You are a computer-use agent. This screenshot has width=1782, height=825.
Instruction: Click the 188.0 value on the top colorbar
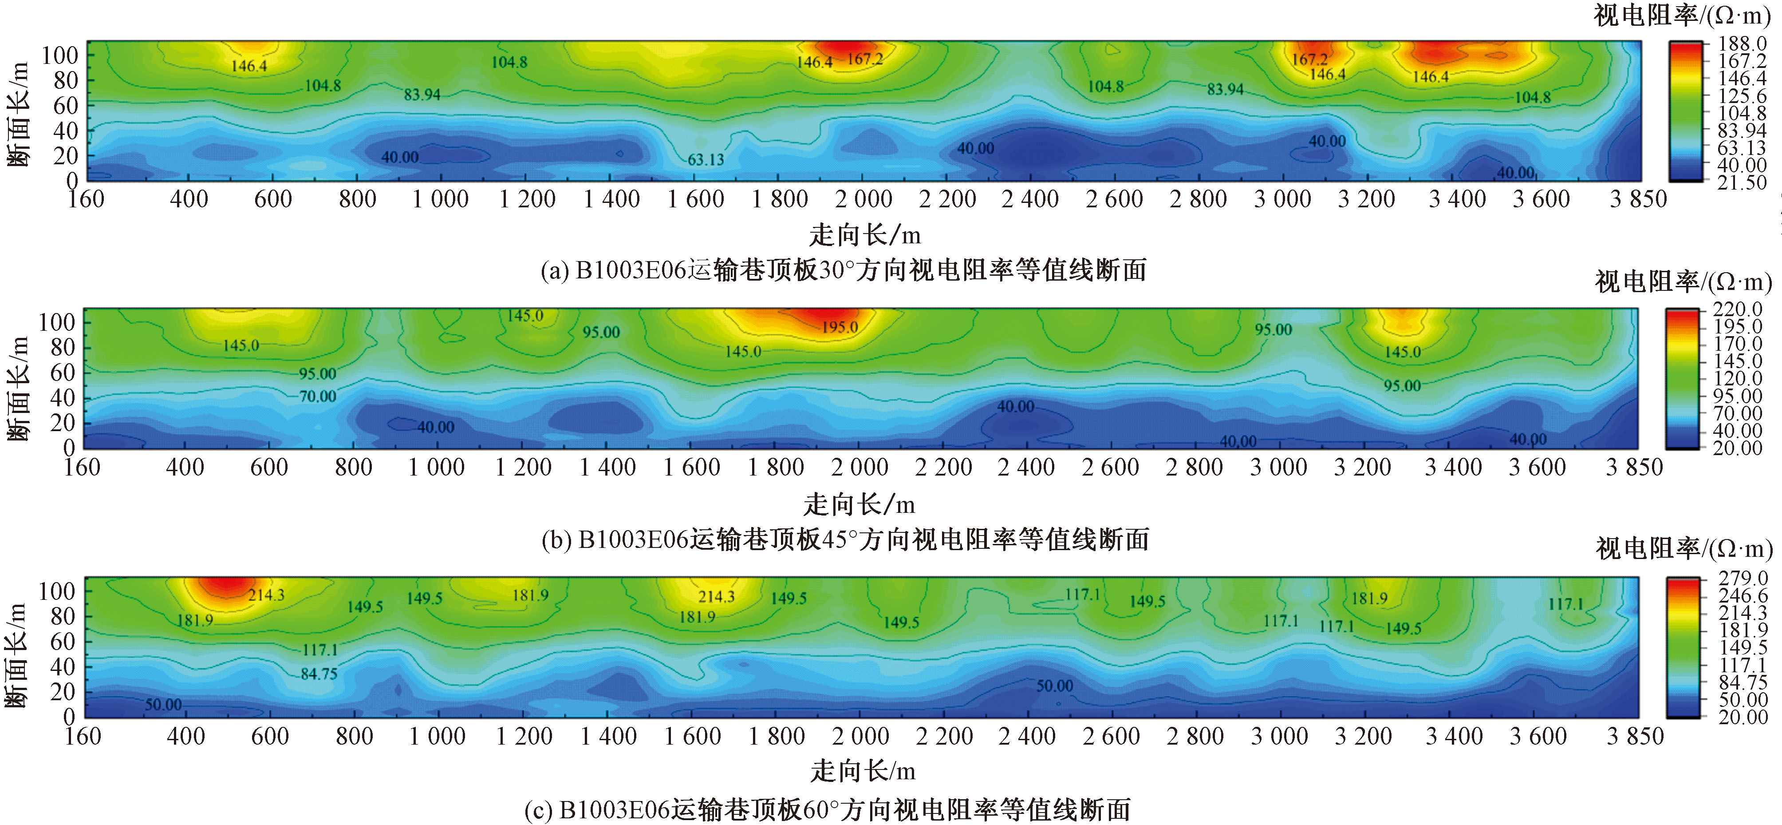click(x=1743, y=44)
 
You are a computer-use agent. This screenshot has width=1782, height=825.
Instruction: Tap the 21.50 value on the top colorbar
click(x=1743, y=183)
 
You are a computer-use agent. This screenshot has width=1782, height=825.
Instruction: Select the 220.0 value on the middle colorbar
click(x=1738, y=309)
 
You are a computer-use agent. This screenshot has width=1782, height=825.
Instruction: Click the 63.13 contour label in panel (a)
click(x=706, y=159)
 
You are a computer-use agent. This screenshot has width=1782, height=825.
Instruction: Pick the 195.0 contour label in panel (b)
click(x=840, y=327)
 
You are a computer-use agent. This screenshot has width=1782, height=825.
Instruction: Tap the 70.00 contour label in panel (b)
click(x=318, y=397)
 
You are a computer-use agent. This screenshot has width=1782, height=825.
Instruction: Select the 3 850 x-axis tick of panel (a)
click(x=1638, y=199)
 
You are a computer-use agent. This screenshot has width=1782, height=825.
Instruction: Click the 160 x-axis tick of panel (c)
click(x=83, y=736)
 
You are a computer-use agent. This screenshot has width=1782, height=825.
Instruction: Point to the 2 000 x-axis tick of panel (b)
click(x=860, y=468)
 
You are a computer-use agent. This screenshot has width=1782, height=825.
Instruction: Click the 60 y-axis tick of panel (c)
click(x=63, y=642)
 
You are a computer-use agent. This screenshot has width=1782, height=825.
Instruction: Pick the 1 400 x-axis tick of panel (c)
click(x=609, y=736)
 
